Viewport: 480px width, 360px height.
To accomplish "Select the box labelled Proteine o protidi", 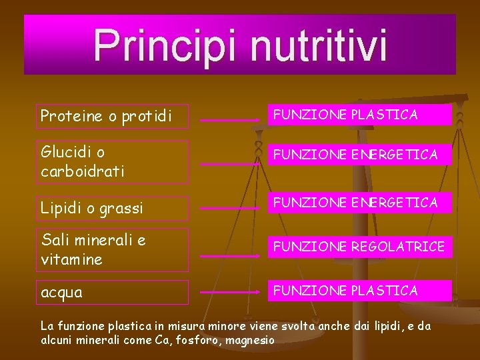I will click(x=111, y=116).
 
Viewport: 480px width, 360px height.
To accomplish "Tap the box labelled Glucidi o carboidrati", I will click(x=111, y=162).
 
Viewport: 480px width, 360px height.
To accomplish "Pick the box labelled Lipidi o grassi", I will click(x=111, y=208).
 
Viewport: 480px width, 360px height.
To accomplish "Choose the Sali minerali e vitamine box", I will click(x=111, y=249).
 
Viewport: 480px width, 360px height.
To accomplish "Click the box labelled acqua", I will click(x=111, y=292).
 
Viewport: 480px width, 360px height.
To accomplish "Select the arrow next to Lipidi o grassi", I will click(x=230, y=209).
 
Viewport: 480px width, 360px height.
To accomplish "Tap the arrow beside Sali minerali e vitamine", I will click(x=230, y=256).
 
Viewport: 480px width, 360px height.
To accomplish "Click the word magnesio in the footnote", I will click(x=250, y=340).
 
